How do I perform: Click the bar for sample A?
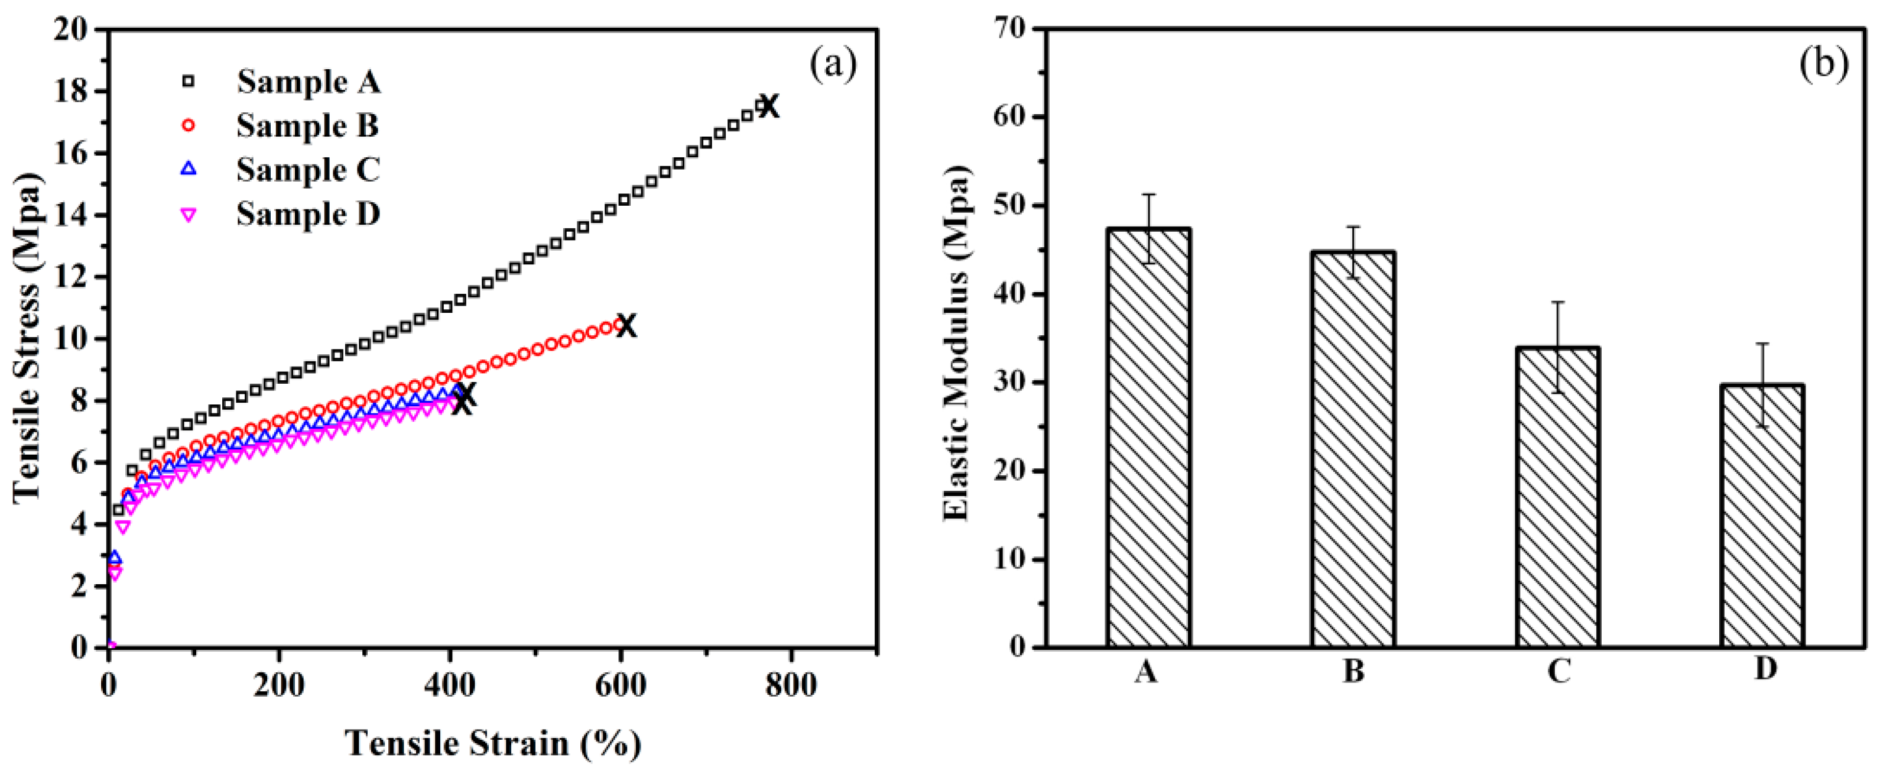1149,438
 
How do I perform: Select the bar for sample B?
1353,449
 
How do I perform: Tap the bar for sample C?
1558,497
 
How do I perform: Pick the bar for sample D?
1762,516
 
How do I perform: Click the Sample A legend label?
308,81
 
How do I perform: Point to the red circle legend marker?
189,125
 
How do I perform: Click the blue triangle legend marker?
189,169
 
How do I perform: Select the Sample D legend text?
308,214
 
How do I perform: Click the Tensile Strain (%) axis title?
493,743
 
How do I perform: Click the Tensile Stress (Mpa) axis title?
28,338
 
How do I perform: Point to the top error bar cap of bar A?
1149,194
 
